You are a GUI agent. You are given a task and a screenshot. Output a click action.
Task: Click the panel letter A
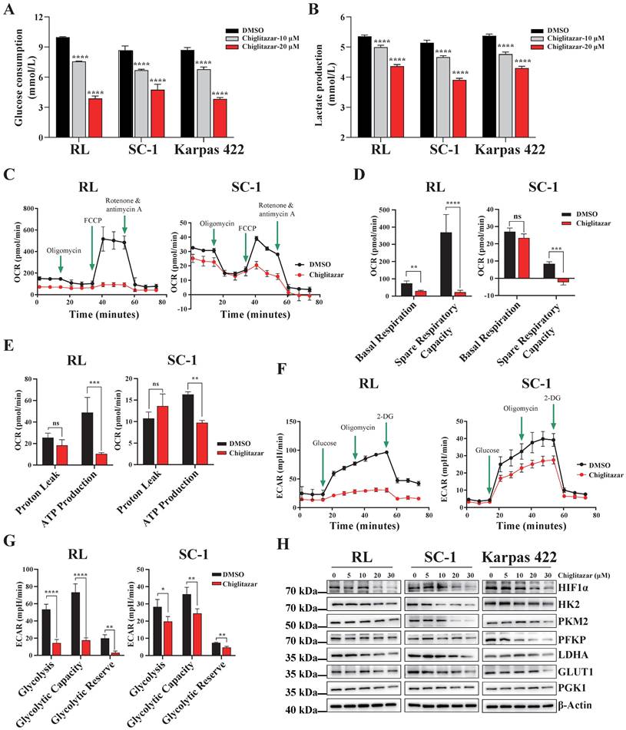pyautogui.click(x=9, y=11)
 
